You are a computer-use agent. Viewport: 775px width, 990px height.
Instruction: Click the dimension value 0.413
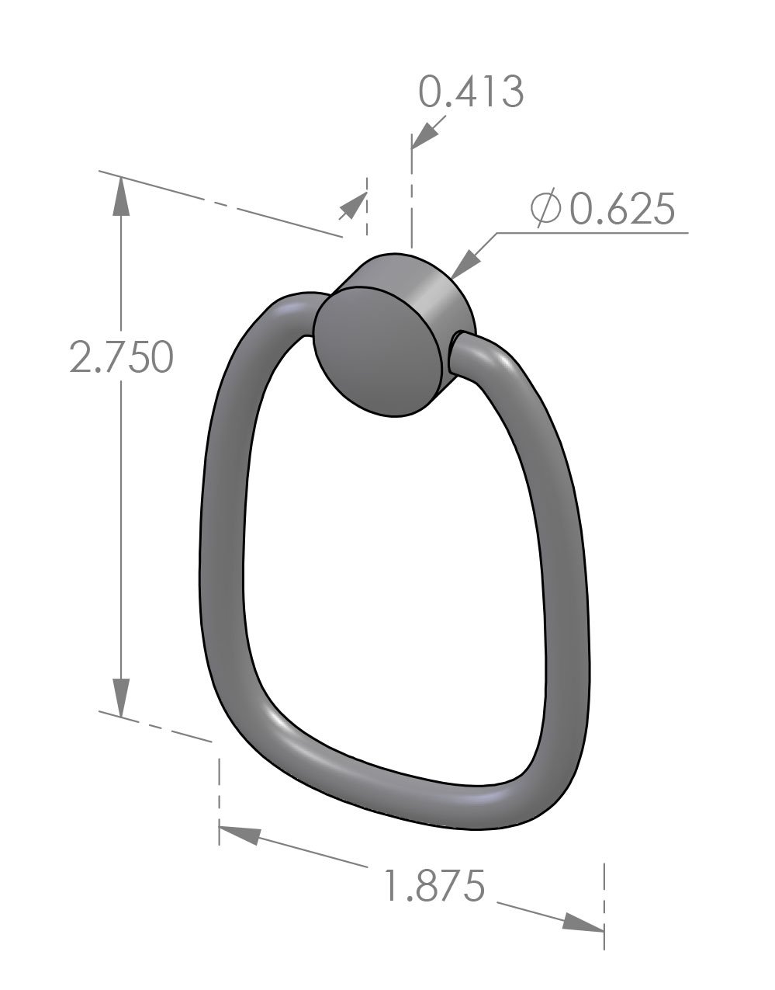point(471,92)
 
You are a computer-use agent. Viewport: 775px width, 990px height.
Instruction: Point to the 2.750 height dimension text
point(120,357)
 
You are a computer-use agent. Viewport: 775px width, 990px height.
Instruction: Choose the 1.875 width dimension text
point(435,885)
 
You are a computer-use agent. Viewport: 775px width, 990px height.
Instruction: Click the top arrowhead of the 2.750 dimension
point(121,197)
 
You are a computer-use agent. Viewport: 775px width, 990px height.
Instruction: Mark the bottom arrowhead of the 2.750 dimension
point(121,696)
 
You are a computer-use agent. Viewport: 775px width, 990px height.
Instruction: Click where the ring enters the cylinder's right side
point(458,353)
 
